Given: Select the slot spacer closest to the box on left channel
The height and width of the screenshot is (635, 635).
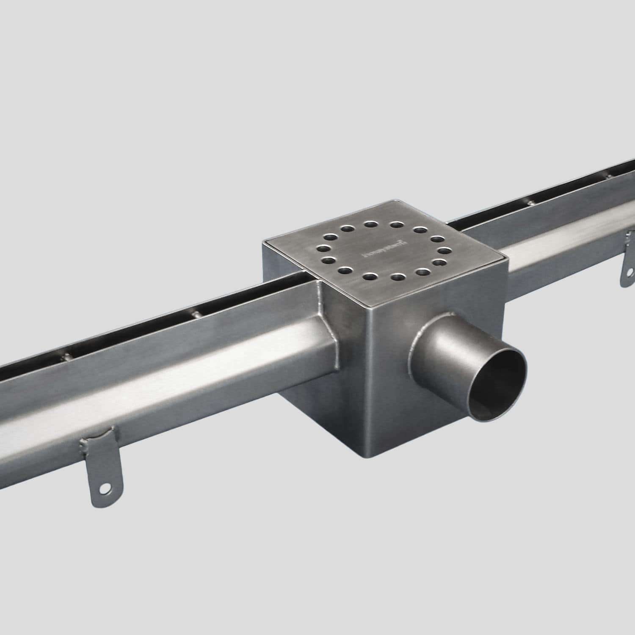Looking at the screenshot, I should point(196,314).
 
